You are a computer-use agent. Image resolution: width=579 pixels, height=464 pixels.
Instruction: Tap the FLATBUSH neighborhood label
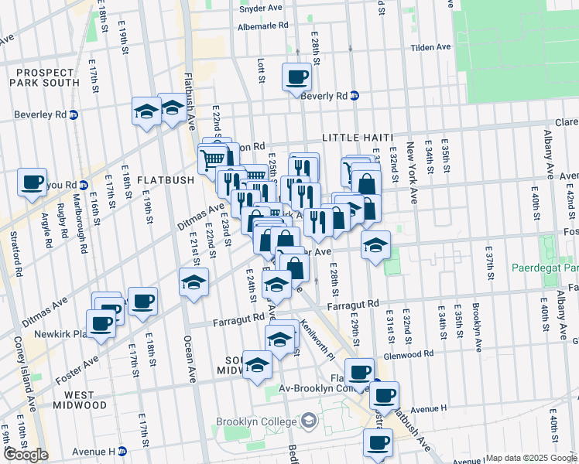[166, 180]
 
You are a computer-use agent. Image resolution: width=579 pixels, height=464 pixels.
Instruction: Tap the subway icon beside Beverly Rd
[355, 96]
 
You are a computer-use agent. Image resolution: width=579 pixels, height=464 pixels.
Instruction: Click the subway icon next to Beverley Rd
[74, 114]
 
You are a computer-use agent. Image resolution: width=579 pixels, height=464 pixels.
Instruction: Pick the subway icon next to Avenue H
[122, 451]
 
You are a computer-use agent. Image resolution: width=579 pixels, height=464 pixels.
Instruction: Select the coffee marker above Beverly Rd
[298, 77]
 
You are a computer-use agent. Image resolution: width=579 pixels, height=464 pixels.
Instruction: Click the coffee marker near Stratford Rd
[33, 183]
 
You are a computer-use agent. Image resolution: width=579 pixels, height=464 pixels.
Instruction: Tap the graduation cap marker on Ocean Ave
[194, 282]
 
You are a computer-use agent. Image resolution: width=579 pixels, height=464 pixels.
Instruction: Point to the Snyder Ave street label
[260, 8]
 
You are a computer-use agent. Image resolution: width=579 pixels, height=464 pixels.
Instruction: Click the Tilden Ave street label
[430, 47]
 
